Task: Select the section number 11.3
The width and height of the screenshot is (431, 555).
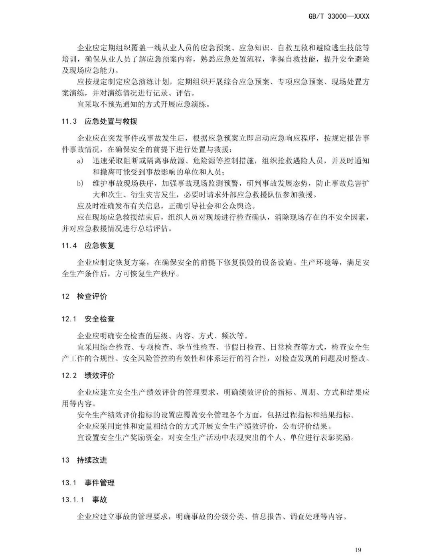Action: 69,121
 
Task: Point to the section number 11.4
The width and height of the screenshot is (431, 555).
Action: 69,245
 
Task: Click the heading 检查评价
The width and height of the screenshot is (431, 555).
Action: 92,296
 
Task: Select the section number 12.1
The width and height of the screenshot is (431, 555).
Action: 69,319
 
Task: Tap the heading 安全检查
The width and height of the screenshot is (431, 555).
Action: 100,319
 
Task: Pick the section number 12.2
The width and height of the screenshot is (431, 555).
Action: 69,375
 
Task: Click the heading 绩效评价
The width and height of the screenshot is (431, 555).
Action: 100,375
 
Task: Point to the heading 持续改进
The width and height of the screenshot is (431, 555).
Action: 92,460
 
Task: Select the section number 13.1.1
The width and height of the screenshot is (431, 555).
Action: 73,500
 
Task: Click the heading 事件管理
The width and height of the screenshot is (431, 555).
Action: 100,483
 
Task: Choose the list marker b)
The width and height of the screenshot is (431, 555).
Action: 80,184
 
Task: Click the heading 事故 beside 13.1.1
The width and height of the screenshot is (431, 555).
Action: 100,500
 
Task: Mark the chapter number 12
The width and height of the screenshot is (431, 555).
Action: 65,296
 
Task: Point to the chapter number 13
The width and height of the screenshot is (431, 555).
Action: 65,460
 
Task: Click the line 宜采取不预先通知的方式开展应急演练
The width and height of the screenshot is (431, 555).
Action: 143,105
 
